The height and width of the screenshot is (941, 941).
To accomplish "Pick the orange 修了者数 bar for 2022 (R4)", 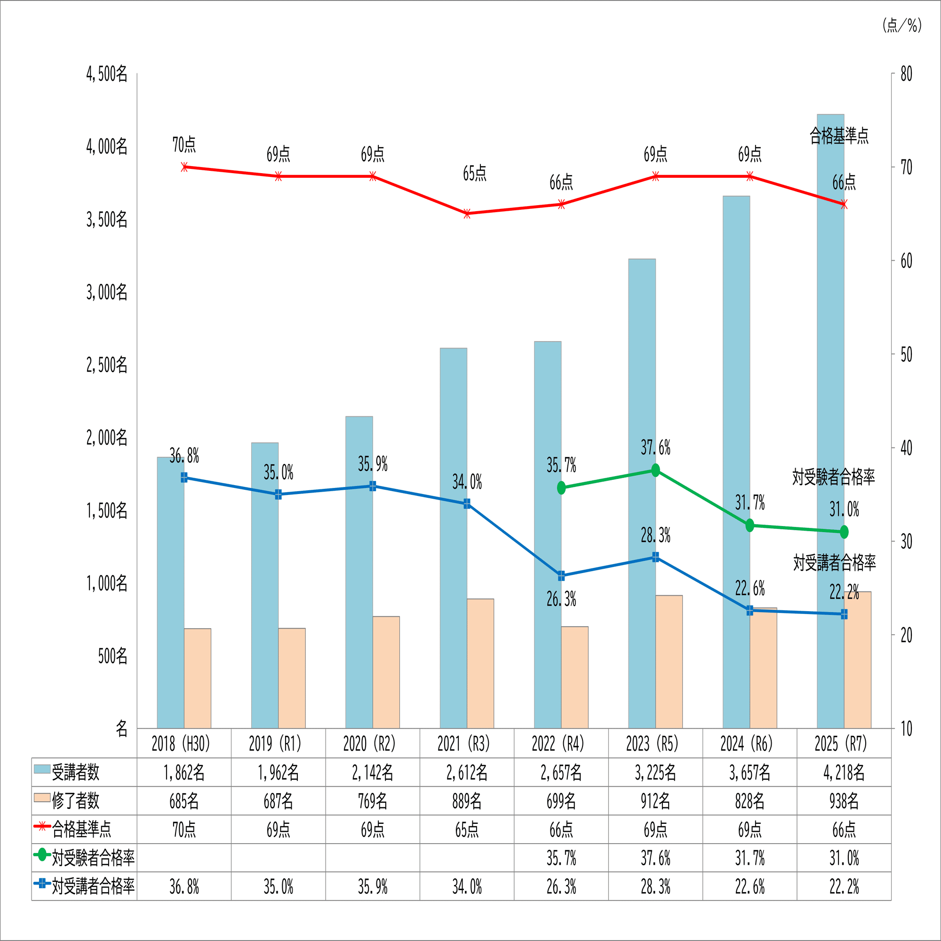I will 575,678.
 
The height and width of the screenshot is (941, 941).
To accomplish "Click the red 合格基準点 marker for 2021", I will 467,214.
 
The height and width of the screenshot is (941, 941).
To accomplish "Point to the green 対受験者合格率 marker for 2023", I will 655,470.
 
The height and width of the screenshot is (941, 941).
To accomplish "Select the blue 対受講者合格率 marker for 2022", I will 561,576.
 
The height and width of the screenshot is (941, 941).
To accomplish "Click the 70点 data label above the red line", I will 183,144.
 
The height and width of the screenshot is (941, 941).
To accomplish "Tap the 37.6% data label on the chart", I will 655,447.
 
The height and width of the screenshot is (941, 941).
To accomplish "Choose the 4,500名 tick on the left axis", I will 107,74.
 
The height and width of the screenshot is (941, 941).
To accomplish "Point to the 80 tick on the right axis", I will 906,74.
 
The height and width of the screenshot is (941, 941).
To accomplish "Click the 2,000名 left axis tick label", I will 107,438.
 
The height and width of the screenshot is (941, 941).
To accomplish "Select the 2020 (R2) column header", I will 372,744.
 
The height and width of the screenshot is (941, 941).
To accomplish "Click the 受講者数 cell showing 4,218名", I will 844,773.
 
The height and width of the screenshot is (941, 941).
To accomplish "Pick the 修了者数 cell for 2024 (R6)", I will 750,801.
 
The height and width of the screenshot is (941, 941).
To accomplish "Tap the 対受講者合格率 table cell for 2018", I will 183,887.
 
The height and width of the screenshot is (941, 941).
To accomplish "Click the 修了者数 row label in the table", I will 75,801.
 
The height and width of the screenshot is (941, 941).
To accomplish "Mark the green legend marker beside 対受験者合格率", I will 42,855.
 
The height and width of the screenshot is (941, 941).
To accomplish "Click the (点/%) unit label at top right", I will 902,25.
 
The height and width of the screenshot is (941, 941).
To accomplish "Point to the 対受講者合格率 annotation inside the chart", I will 834,563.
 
